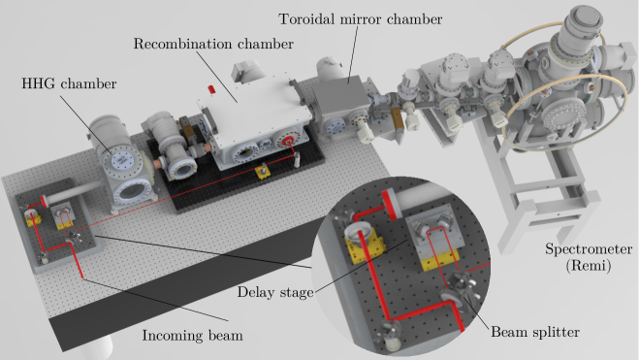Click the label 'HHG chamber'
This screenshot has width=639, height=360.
pyautogui.click(x=69, y=84)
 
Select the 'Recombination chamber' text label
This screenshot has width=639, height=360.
pyautogui.click(x=213, y=44)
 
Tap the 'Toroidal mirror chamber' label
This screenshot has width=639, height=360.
pyautogui.click(x=361, y=19)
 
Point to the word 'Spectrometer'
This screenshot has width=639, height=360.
pyautogui.click(x=589, y=249)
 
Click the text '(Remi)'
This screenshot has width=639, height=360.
pyautogui.click(x=589, y=266)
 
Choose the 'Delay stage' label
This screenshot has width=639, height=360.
pyautogui.click(x=275, y=292)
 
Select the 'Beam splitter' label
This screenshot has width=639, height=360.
pyautogui.click(x=535, y=332)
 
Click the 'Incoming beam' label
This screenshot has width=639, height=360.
pyautogui.click(x=192, y=336)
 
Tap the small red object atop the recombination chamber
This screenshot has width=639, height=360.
pyautogui.click(x=211, y=89)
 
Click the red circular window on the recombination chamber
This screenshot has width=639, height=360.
pyautogui.click(x=288, y=142)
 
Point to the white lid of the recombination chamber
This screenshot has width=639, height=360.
pyautogui.click(x=253, y=107)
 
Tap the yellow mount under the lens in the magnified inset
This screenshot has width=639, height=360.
pyautogui.click(x=365, y=247)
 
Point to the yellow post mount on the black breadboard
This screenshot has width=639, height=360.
pyautogui.click(x=263, y=171)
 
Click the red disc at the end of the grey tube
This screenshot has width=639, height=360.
pyautogui.click(x=44, y=201)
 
